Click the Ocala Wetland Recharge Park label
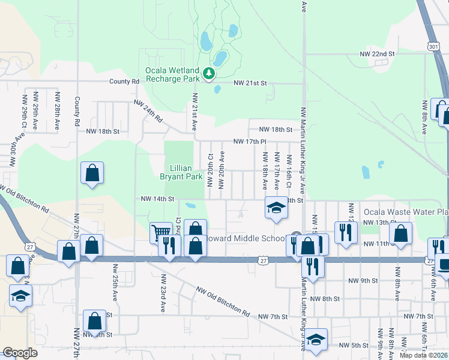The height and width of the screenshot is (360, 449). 172,74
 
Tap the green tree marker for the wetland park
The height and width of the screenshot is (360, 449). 209,74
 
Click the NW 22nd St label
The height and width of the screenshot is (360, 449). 377,54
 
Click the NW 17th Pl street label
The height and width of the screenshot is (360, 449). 249,142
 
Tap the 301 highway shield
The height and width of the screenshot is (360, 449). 433,46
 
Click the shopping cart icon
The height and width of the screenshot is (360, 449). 160,232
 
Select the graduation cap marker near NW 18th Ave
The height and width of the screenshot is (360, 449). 276,208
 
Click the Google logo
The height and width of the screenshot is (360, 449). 20,353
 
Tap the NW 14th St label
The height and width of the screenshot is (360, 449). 157,199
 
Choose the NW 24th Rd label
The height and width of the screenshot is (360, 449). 149,110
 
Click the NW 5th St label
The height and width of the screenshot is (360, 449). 353,345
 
